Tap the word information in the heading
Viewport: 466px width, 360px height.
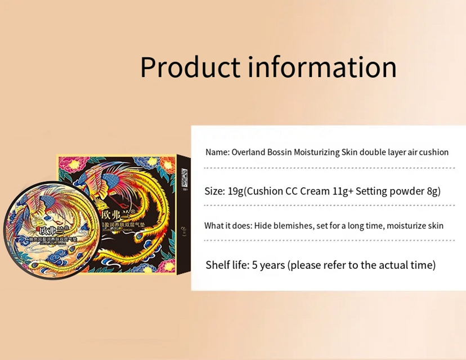coord(322,67)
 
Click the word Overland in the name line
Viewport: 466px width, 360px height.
coord(246,152)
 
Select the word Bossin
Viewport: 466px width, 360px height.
coord(279,152)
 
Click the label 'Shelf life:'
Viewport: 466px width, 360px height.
coord(227,265)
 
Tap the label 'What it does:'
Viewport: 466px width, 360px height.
coord(227,226)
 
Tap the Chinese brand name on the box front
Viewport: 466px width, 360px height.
coord(116,215)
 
